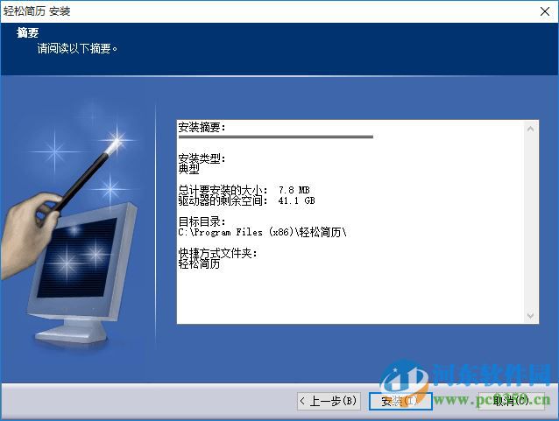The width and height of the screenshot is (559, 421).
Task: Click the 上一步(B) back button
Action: pos(329,401)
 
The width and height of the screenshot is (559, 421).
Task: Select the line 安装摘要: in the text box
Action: pos(202,128)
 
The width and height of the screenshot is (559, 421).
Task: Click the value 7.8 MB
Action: pos(294,190)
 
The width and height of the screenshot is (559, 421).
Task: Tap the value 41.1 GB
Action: pos(295,201)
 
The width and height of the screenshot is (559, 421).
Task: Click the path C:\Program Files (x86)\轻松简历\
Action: pos(263,233)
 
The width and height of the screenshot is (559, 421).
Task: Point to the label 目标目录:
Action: pos(202,222)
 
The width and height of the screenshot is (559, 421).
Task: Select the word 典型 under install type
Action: pos(188,170)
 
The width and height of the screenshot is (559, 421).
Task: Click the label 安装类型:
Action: pos(202,159)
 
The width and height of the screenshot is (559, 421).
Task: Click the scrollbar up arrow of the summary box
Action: pos(532,128)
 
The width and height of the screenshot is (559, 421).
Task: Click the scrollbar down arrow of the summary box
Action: pos(532,315)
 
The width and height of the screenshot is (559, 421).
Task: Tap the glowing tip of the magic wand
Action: pos(114,140)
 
